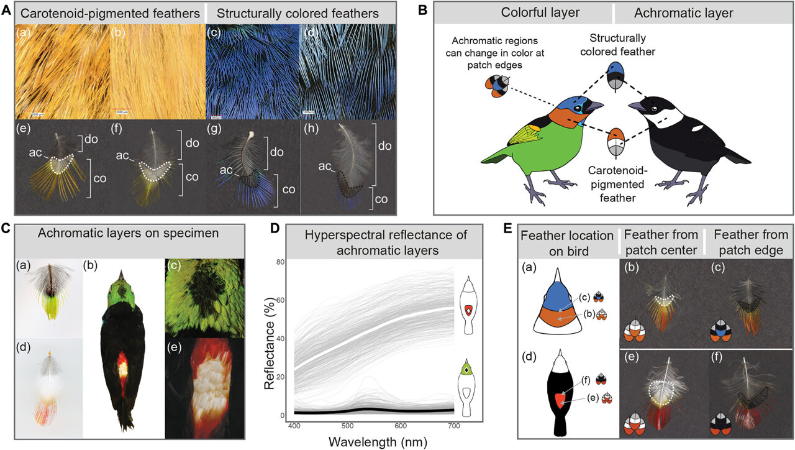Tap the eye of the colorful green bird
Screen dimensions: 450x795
click(x=578, y=108)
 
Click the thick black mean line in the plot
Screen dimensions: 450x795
click(x=373, y=411)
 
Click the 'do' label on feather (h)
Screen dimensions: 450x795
click(x=386, y=146)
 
